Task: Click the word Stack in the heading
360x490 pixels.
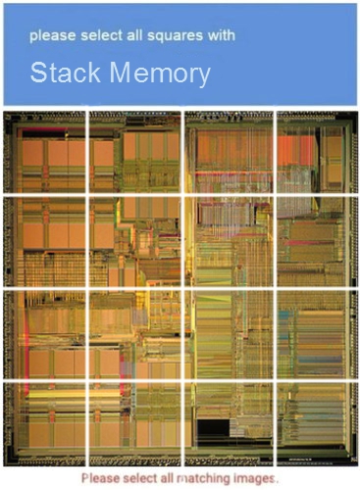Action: click(x=66, y=73)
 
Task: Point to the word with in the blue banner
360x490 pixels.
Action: click(x=223, y=36)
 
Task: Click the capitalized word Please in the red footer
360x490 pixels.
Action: click(x=101, y=477)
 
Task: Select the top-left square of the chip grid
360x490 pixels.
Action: click(x=45, y=152)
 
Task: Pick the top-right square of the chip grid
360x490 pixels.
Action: click(x=314, y=152)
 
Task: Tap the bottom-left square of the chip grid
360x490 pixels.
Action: click(x=45, y=421)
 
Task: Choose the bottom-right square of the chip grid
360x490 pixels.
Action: click(x=314, y=421)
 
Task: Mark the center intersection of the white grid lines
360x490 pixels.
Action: click(x=182, y=288)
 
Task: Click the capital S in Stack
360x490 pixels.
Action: click(x=38, y=73)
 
